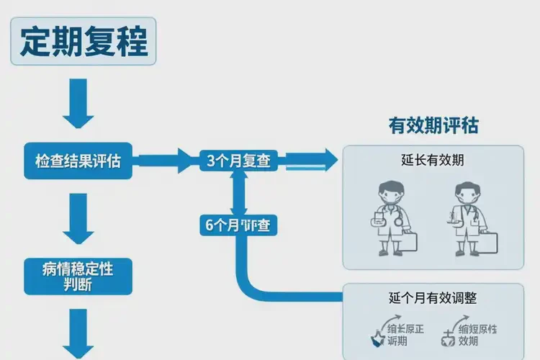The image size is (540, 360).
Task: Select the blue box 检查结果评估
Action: [x=78, y=161]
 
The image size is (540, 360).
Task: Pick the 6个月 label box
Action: [x=238, y=225]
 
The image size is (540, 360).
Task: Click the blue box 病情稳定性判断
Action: [x=78, y=276]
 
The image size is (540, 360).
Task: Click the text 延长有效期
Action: [x=433, y=160]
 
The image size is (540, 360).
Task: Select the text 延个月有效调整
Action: [x=433, y=297]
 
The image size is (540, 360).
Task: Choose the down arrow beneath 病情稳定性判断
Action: [x=78, y=333]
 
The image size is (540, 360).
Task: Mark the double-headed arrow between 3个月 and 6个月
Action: [x=238, y=193]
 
